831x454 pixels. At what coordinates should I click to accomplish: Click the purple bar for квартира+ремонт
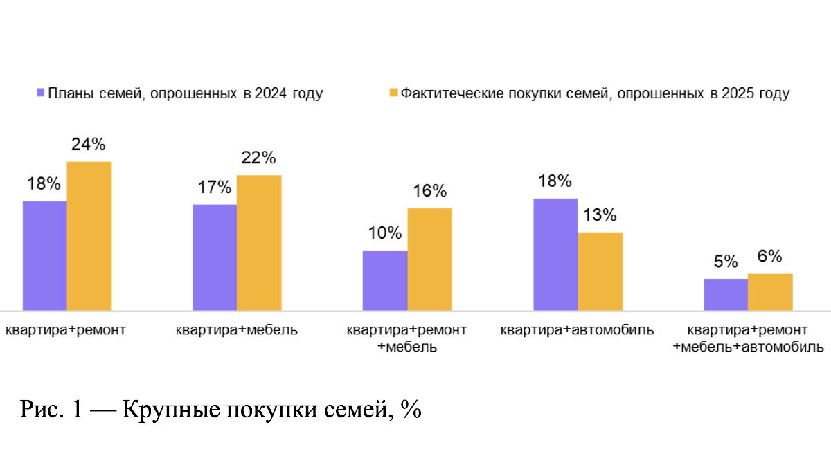coord(45,255)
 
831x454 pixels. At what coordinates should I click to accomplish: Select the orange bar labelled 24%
coord(89,235)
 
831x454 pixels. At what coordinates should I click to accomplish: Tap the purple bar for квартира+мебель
coord(215,257)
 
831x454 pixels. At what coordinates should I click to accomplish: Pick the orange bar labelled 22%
coord(259,242)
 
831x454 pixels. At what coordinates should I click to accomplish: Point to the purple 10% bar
coord(385,280)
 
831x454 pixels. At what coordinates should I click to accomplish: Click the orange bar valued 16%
coord(429,259)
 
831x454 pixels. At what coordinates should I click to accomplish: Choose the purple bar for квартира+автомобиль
coord(555,254)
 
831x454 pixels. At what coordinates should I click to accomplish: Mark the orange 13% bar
coord(600,271)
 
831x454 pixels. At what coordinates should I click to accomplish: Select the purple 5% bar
coord(726,294)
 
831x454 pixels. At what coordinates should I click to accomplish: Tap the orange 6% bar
coord(770,291)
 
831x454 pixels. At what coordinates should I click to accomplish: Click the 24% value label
coord(88,145)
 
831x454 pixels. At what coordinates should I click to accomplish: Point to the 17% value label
coord(214,188)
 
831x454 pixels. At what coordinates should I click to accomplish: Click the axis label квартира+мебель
coord(237,330)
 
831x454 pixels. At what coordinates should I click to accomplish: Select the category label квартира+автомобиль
coord(577,330)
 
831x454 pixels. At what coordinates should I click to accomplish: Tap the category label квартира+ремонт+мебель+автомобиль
coord(748,338)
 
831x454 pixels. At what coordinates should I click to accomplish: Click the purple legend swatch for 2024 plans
coord(41,93)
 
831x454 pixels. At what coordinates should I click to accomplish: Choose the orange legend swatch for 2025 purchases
coord(394,93)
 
